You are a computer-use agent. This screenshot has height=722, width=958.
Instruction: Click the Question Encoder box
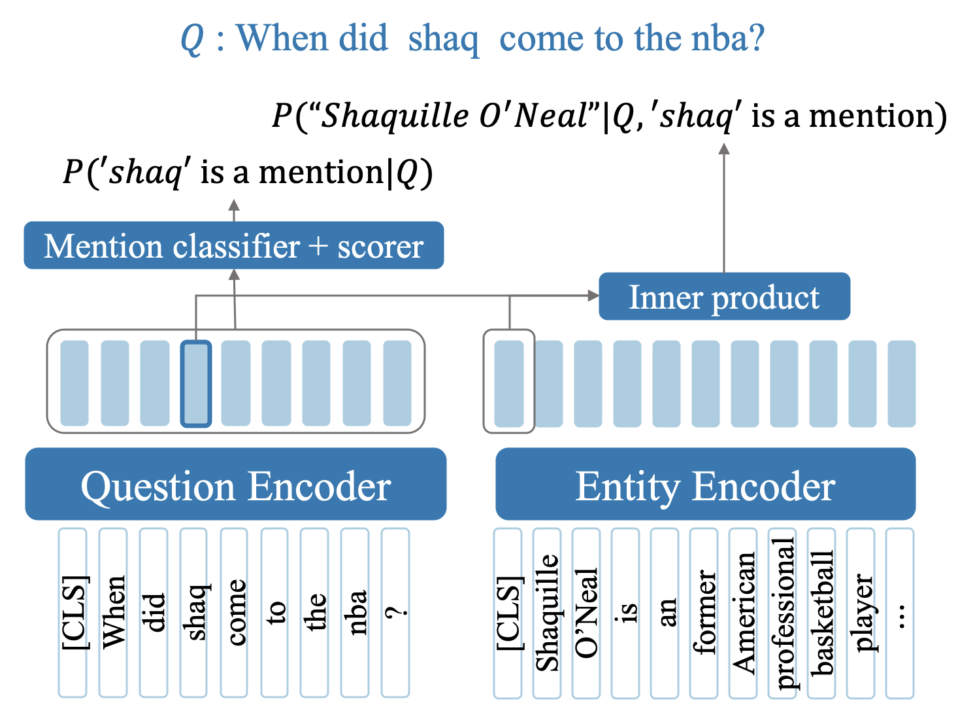[235, 485]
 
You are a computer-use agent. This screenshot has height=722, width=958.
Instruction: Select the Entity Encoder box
[705, 485]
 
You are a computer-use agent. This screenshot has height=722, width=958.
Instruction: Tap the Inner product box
[724, 297]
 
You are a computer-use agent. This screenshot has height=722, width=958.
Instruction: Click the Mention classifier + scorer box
[233, 246]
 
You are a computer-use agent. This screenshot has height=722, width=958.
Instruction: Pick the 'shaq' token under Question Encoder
[195, 612]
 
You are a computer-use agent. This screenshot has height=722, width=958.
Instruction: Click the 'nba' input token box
[355, 612]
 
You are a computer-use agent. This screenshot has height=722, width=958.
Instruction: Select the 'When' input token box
[113, 612]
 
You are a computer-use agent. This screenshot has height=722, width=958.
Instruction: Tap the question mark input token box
[395, 612]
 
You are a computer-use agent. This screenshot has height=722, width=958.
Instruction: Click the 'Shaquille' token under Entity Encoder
[547, 612]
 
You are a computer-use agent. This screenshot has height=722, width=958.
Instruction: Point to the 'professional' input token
[782, 612]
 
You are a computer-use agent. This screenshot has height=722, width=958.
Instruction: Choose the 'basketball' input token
[821, 612]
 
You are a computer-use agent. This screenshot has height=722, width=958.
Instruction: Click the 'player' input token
[861, 612]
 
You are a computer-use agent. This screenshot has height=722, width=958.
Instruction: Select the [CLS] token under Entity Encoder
[508, 612]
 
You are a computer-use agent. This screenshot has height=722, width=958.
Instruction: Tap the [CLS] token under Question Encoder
[73, 612]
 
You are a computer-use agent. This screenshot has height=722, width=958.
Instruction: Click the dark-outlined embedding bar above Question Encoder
[195, 384]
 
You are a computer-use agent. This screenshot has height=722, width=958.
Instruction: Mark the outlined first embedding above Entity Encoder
[508, 384]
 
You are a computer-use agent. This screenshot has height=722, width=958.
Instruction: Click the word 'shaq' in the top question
[443, 39]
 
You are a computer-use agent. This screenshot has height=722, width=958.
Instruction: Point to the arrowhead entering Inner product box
[593, 296]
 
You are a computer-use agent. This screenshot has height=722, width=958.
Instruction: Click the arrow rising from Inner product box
[723, 209]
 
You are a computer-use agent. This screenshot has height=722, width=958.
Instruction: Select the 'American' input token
[743, 612]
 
